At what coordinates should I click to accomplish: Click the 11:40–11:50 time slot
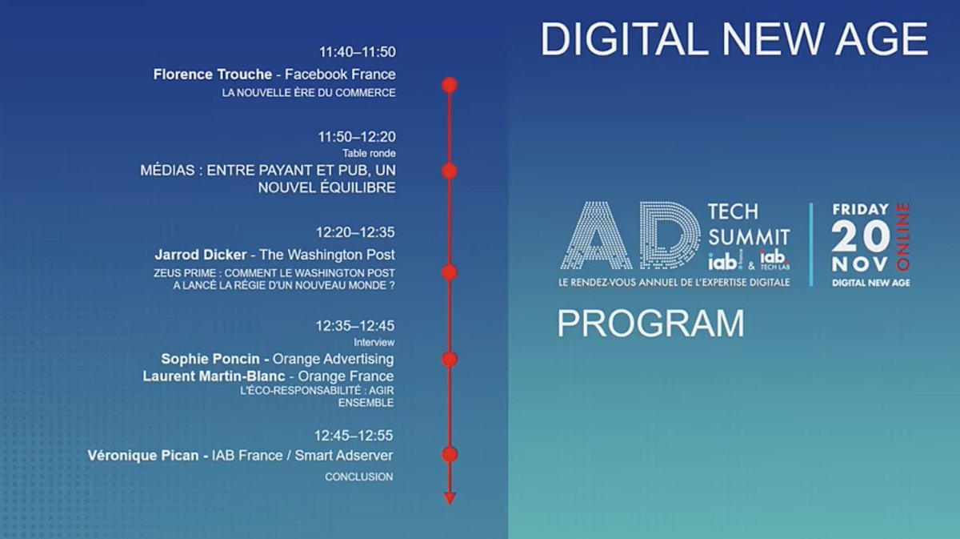pyautogui.click(x=357, y=52)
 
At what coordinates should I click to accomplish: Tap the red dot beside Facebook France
pyautogui.click(x=450, y=85)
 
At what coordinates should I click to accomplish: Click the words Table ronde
pyautogui.click(x=369, y=153)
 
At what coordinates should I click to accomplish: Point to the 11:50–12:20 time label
pyautogui.click(x=357, y=137)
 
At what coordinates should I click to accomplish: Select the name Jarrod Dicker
pyautogui.click(x=201, y=255)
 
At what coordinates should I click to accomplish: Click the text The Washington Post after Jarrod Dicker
pyautogui.click(x=327, y=255)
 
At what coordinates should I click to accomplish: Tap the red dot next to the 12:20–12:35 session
pyautogui.click(x=450, y=272)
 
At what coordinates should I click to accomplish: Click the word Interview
pyautogui.click(x=374, y=343)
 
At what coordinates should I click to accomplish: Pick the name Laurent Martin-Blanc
pyautogui.click(x=214, y=376)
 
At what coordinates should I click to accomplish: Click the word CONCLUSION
pyautogui.click(x=358, y=477)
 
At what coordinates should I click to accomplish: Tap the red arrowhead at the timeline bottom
pyautogui.click(x=450, y=498)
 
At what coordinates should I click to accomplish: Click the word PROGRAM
pyautogui.click(x=650, y=324)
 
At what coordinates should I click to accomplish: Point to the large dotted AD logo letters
pyautogui.click(x=632, y=235)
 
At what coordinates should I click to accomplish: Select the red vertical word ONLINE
pyautogui.click(x=904, y=236)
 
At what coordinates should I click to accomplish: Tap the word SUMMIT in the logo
pyautogui.click(x=749, y=237)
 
